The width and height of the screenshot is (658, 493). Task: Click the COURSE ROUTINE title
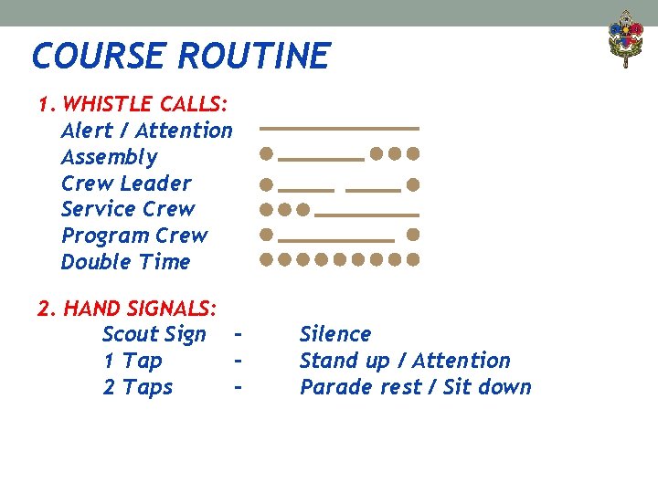click(180, 56)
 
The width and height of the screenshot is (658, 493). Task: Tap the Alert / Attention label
click(146, 131)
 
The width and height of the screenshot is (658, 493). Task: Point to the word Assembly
click(109, 157)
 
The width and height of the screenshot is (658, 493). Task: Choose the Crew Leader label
click(126, 183)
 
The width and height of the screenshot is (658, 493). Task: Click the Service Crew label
click(128, 209)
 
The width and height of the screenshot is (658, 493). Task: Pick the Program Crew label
click(133, 236)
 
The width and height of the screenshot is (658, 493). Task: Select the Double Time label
click(125, 262)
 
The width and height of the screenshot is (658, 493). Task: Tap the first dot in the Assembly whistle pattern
click(265, 152)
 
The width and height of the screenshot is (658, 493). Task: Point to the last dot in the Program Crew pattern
click(413, 235)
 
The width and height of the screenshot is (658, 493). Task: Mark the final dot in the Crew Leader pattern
click(413, 185)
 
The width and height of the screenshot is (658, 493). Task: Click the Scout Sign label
click(154, 334)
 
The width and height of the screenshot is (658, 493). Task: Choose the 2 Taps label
click(137, 387)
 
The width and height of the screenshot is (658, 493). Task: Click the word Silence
click(335, 334)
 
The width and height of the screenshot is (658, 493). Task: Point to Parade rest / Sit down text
click(415, 387)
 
